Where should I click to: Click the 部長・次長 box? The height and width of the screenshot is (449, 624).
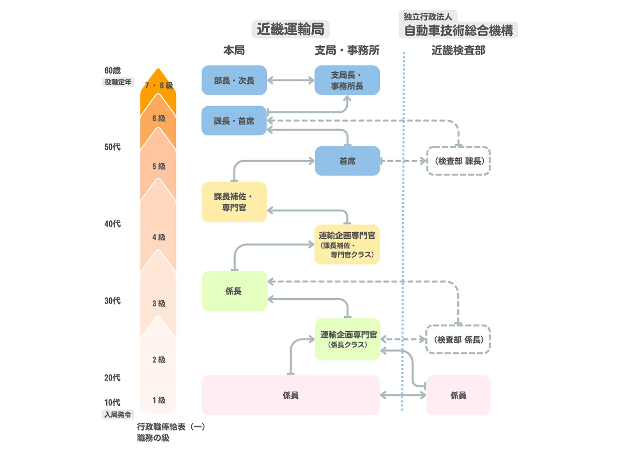pyautogui.click(x=234, y=80)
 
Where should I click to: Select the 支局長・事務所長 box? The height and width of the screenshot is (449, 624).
pyautogui.click(x=347, y=80)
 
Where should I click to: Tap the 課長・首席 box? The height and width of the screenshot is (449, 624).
pyautogui.click(x=234, y=121)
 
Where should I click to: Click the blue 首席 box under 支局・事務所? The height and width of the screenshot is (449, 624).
pyautogui.click(x=347, y=161)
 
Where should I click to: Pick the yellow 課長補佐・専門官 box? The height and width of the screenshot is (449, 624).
pyautogui.click(x=234, y=202)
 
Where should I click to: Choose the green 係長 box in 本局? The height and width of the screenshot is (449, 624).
pyautogui.click(x=234, y=291)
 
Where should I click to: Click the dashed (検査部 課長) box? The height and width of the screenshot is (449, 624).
pyautogui.click(x=458, y=161)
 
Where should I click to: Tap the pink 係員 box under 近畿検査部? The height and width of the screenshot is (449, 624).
pyautogui.click(x=458, y=395)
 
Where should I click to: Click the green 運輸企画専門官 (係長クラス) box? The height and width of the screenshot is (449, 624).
pyautogui.click(x=347, y=339)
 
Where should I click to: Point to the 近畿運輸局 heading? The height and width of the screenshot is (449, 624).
pyautogui.click(x=290, y=29)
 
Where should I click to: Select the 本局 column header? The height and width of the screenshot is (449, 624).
pyautogui.click(x=234, y=51)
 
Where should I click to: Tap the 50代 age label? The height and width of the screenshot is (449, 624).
pyautogui.click(x=113, y=147)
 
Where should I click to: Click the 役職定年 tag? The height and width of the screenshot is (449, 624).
pyautogui.click(x=118, y=82)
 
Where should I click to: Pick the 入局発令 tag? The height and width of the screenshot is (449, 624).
pyautogui.click(x=118, y=414)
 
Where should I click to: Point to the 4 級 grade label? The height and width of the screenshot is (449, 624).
pyautogui.click(x=159, y=237)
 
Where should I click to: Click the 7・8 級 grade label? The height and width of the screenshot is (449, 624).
pyautogui.click(x=159, y=85)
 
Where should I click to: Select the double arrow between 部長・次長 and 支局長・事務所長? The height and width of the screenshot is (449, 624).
pyautogui.click(x=290, y=80)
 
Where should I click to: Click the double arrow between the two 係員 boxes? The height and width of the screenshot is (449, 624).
pyautogui.click(x=403, y=395)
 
